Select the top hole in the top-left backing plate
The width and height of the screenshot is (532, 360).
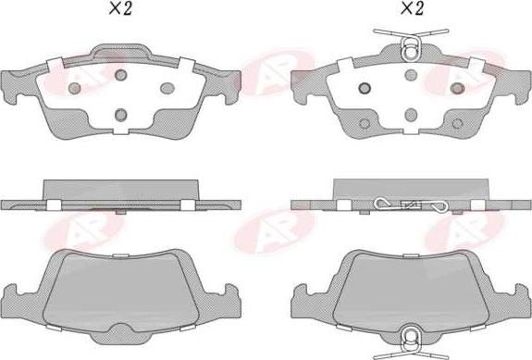tap(120, 74)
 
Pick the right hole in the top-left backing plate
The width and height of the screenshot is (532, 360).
tap(167, 88)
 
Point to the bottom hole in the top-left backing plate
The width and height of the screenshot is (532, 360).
tap(120, 114)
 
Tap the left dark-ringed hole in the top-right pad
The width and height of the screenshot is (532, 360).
tap(363, 88)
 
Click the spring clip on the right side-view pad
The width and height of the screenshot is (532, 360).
tap(410, 205)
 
